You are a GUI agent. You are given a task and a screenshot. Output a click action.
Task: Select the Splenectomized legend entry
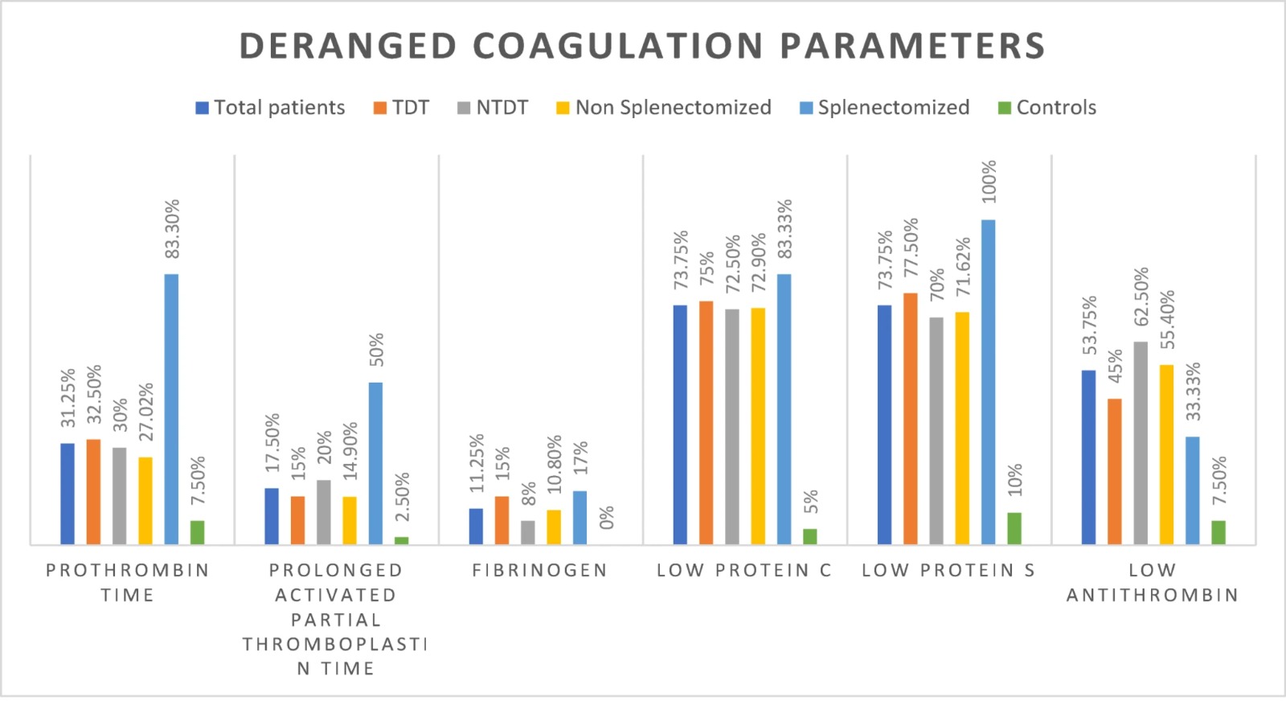tap(884, 108)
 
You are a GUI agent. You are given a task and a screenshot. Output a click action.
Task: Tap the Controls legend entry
tap(1047, 108)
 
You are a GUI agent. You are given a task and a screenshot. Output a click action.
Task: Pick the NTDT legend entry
tap(493, 108)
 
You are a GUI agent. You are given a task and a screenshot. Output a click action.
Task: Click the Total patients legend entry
tap(270, 108)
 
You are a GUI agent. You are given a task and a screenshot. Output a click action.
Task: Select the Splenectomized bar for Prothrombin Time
tap(171, 408)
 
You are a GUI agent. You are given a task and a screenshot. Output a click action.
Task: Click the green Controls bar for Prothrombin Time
tap(197, 532)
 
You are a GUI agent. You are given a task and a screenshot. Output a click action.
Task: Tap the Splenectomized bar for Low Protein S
tap(988, 382)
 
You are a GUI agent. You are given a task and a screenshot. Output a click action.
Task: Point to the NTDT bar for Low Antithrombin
tap(1141, 443)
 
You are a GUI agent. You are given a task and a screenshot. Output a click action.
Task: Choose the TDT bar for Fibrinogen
tap(502, 520)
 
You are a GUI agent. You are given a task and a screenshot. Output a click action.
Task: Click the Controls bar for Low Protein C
tap(809, 536)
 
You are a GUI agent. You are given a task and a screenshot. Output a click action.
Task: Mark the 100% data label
tap(989, 182)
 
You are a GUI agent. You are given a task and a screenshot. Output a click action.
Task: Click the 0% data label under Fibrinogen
tap(606, 517)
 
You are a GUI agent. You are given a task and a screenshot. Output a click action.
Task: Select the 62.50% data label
tap(1141, 297)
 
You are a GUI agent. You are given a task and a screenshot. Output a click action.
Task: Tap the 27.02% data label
tap(145, 412)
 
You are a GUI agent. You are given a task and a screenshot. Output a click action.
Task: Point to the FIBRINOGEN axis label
tap(539, 570)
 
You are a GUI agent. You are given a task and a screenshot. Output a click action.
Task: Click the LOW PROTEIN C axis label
tap(744, 570)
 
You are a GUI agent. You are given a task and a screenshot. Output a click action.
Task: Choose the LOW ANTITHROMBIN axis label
tap(1153, 582)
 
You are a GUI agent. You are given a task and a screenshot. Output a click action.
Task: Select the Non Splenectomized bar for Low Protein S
tap(962, 428)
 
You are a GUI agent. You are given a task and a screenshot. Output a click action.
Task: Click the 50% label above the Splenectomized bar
tap(376, 349)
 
